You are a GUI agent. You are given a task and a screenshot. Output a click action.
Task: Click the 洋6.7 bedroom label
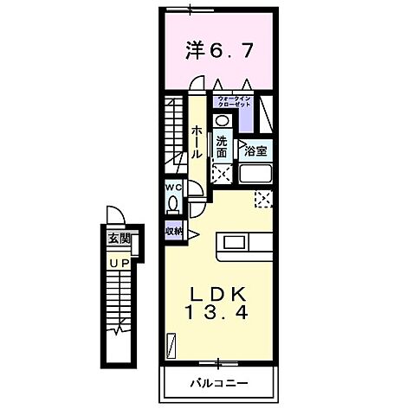[x=217, y=51]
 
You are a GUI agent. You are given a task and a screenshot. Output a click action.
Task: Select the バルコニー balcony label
[x=217, y=382]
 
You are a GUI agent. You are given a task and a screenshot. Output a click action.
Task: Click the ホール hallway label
[x=197, y=140]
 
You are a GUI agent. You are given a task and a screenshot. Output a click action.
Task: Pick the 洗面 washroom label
[x=222, y=146]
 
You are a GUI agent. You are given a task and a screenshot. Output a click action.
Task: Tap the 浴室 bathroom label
[x=255, y=151]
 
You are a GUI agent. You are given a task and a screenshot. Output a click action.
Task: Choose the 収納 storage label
[x=172, y=231]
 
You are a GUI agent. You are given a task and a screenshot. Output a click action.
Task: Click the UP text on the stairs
[x=118, y=262]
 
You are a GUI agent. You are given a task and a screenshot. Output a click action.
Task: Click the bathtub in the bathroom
[x=256, y=174]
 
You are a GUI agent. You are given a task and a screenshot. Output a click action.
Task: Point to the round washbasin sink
[x=222, y=122]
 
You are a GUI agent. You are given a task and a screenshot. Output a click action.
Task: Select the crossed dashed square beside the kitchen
[x=262, y=200]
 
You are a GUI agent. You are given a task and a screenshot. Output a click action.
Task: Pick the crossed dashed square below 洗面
[x=222, y=172]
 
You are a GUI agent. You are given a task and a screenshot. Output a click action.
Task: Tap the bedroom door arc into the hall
[x=197, y=85]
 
